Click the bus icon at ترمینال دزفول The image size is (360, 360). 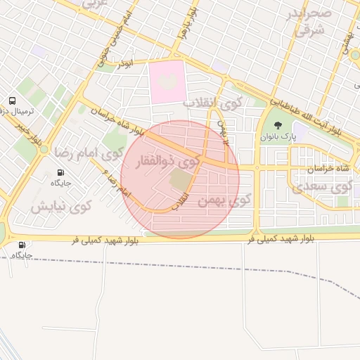12,101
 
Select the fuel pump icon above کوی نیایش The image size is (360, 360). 60,172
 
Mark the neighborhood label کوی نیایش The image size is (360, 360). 61,207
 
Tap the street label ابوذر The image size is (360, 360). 124,63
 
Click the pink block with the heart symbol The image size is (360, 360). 166,84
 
